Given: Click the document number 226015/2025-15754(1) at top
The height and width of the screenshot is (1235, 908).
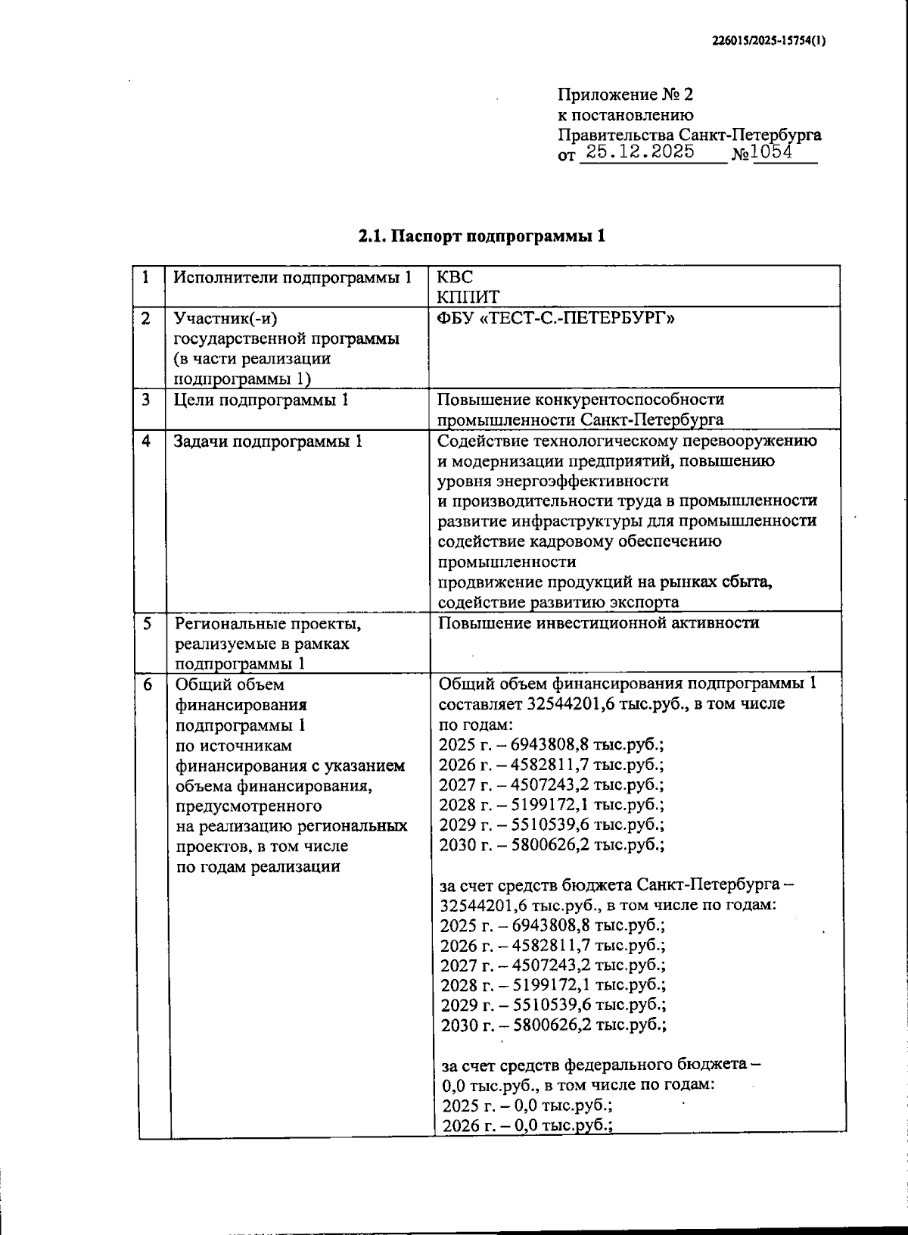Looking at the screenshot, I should (770, 42).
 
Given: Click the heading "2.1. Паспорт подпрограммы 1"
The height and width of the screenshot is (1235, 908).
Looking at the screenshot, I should (482, 236).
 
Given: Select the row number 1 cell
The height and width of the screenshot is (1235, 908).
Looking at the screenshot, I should (146, 277).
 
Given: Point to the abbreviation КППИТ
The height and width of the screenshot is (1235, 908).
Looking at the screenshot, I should (469, 297).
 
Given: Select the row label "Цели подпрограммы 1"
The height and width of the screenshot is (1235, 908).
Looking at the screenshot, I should (261, 400).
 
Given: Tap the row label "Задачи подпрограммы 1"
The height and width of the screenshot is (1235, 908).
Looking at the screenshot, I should (268, 441).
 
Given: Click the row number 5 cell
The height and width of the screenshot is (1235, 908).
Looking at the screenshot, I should (148, 623).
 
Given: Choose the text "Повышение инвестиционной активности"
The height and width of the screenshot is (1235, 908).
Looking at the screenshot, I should (598, 623).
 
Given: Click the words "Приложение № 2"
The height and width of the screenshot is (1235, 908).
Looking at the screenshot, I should (625, 95).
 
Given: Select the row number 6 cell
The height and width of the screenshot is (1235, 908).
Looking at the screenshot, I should (148, 685).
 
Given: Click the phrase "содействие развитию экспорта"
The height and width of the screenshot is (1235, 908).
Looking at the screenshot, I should (558, 602).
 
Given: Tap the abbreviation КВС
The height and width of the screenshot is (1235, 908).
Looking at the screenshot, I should (456, 277).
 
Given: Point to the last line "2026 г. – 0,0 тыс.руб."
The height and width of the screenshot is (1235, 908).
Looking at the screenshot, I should (527, 1126).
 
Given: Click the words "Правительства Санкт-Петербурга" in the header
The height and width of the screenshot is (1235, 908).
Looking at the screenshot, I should (689, 135).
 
